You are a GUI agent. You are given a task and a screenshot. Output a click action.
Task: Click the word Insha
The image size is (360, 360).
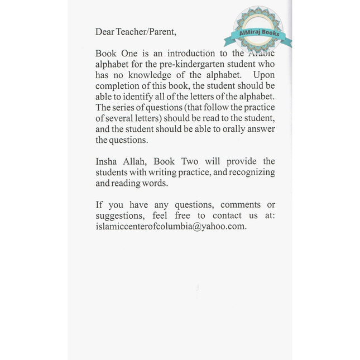(x=107, y=162)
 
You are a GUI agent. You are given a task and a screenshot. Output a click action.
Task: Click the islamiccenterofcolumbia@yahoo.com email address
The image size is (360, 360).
(x=171, y=227)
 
